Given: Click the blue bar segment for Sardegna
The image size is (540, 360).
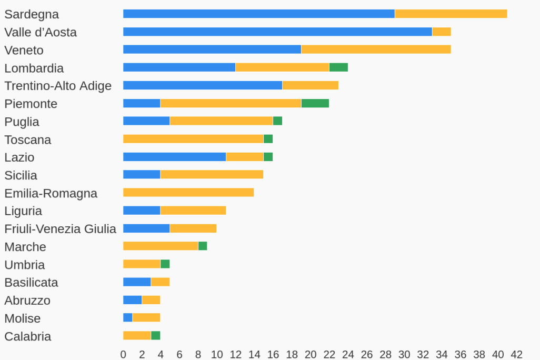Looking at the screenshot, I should point(258,14).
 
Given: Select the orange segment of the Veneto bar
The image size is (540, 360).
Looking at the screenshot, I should point(376,49).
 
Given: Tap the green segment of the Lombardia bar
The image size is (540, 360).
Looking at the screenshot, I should point(338,67).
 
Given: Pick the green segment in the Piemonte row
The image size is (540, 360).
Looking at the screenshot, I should point(315,103).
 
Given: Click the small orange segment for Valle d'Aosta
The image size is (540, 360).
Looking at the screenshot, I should point(442,32).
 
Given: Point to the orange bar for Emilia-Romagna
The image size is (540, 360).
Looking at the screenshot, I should point(188,193).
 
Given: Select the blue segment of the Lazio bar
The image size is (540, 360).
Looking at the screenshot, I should point(174,157).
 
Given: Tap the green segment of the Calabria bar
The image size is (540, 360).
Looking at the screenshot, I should point(156,336).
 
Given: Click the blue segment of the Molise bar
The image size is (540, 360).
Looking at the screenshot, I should point(128,318).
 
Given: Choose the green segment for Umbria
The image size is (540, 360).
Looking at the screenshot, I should point(165,264).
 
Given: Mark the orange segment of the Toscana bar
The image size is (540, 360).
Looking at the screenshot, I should point(193,139).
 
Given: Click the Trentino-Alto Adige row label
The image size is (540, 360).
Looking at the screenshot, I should point(58,86).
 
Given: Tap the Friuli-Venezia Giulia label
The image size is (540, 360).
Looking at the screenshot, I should point(60,229).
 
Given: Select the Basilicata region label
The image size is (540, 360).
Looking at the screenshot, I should point(31,283).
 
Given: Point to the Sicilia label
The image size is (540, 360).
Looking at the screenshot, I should point(21,175).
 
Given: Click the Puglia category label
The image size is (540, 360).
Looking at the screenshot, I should point(22,122).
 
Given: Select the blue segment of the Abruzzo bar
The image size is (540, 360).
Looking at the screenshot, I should point(132,300).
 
